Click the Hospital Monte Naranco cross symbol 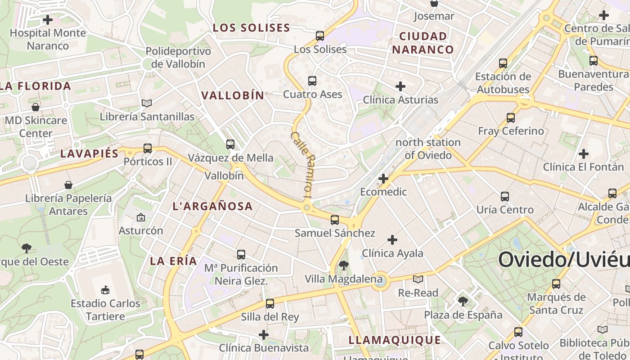click(x=48, y=20)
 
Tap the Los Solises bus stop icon click(x=320, y=36)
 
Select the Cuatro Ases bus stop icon click(x=312, y=81)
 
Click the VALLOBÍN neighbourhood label click(x=233, y=95)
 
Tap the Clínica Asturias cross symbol click(x=400, y=86)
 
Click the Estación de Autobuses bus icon click(x=503, y=63)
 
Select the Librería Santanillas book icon click(x=147, y=103)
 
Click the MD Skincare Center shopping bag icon click(x=36, y=107)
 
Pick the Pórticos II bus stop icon click(x=148, y=148)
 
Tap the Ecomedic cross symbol click(x=383, y=179)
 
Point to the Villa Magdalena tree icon click(x=344, y=265)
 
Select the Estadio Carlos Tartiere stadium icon click(x=106, y=290)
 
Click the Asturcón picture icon click(x=141, y=218)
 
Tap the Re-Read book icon click(x=418, y=279)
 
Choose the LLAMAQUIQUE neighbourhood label click(x=395, y=340)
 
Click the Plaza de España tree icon click(x=463, y=301)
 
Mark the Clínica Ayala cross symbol click(x=392, y=240)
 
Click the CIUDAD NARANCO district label click(x=423, y=43)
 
